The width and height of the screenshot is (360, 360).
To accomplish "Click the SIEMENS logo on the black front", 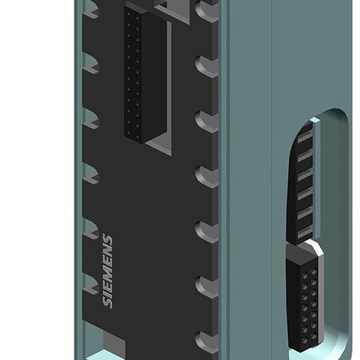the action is pyautogui.click(x=108, y=271).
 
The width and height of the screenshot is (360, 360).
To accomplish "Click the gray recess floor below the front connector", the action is pyautogui.click(x=158, y=146).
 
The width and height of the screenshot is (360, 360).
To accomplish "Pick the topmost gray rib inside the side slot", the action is pyautogui.click(x=305, y=137).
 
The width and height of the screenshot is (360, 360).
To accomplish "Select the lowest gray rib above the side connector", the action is pyautogui.click(x=305, y=232).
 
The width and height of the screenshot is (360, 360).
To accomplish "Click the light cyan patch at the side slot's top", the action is pyautogui.click(x=314, y=121).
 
